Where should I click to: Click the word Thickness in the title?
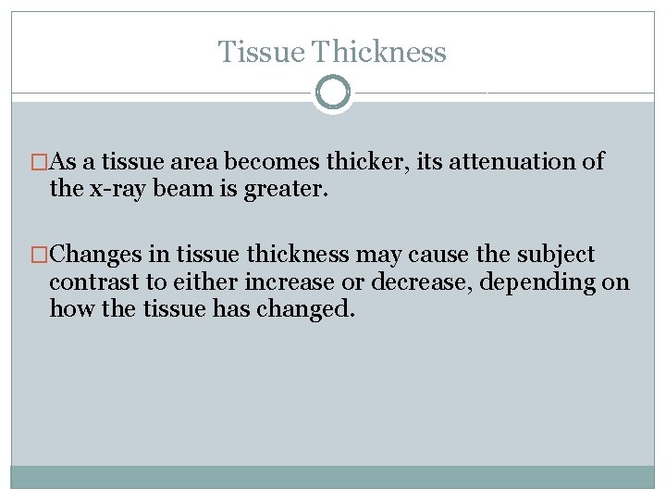(x=379, y=52)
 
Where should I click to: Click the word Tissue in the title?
(x=262, y=52)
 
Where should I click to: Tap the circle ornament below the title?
(x=333, y=93)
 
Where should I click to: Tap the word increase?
(x=274, y=281)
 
